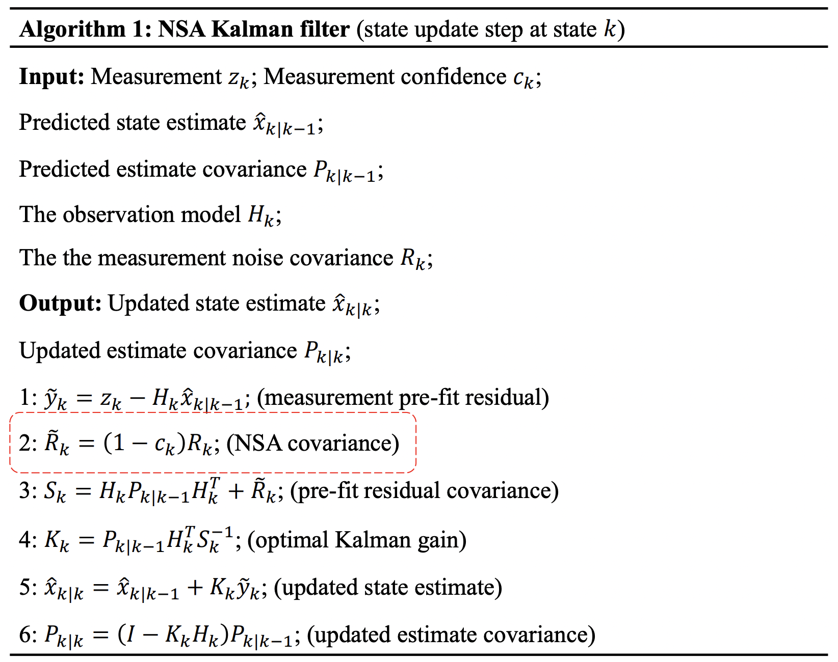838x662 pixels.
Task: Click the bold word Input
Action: pyautogui.click(x=51, y=77)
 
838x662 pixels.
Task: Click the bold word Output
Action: pyautogui.click(x=60, y=304)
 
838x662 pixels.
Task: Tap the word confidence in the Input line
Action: pyautogui.click(x=453, y=77)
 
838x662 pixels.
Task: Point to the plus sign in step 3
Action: pyautogui.click(x=235, y=492)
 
